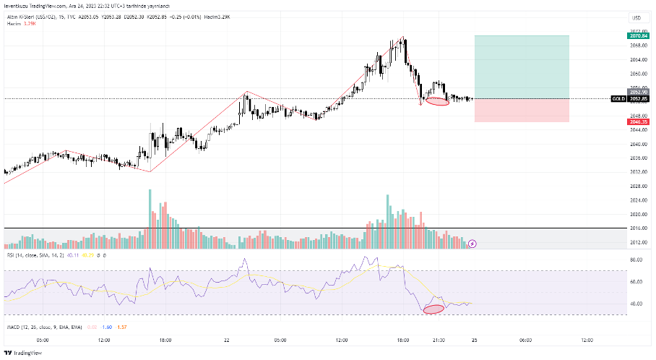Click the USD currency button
[x=636, y=17]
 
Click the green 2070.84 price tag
[x=636, y=35]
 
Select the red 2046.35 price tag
[x=636, y=122]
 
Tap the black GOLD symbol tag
[x=618, y=98]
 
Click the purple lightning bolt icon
[x=472, y=244]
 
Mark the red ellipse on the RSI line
[x=433, y=309]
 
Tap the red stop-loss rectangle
[x=522, y=110]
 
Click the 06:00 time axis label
[x=525, y=340]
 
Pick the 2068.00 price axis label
[x=636, y=45]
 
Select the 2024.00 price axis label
[x=636, y=200]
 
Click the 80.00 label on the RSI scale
[x=636, y=259]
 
